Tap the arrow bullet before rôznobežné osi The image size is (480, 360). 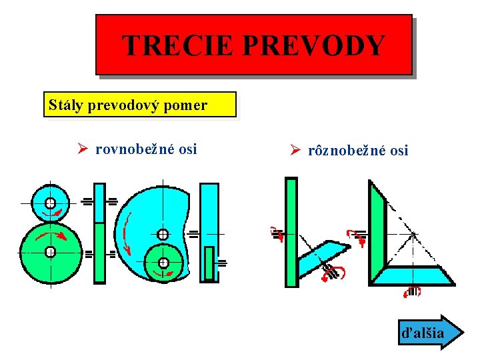[297, 151]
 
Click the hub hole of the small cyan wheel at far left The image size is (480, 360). [50, 203]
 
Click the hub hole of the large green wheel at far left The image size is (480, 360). [50, 251]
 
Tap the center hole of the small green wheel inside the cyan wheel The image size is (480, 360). [163, 263]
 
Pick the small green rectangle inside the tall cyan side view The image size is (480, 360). [209, 263]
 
